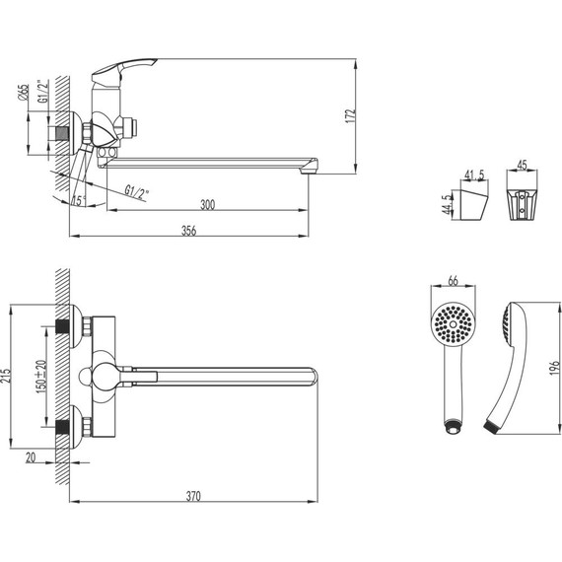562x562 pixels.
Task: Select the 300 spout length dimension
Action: (206, 205)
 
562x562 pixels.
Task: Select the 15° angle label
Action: (79, 201)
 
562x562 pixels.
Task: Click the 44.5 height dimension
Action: (448, 204)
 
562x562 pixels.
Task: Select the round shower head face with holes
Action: (454, 324)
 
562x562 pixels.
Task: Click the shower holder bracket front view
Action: (523, 203)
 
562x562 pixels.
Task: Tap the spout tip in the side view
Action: (311, 163)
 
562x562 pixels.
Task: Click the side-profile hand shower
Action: (511, 365)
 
